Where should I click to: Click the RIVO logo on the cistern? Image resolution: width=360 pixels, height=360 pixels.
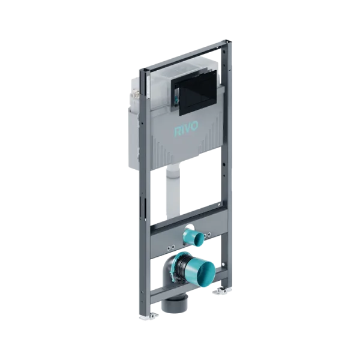coord(186,129)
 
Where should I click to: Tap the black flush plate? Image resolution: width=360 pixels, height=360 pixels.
coord(196,94)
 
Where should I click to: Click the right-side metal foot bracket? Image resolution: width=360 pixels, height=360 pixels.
coord(222,291)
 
